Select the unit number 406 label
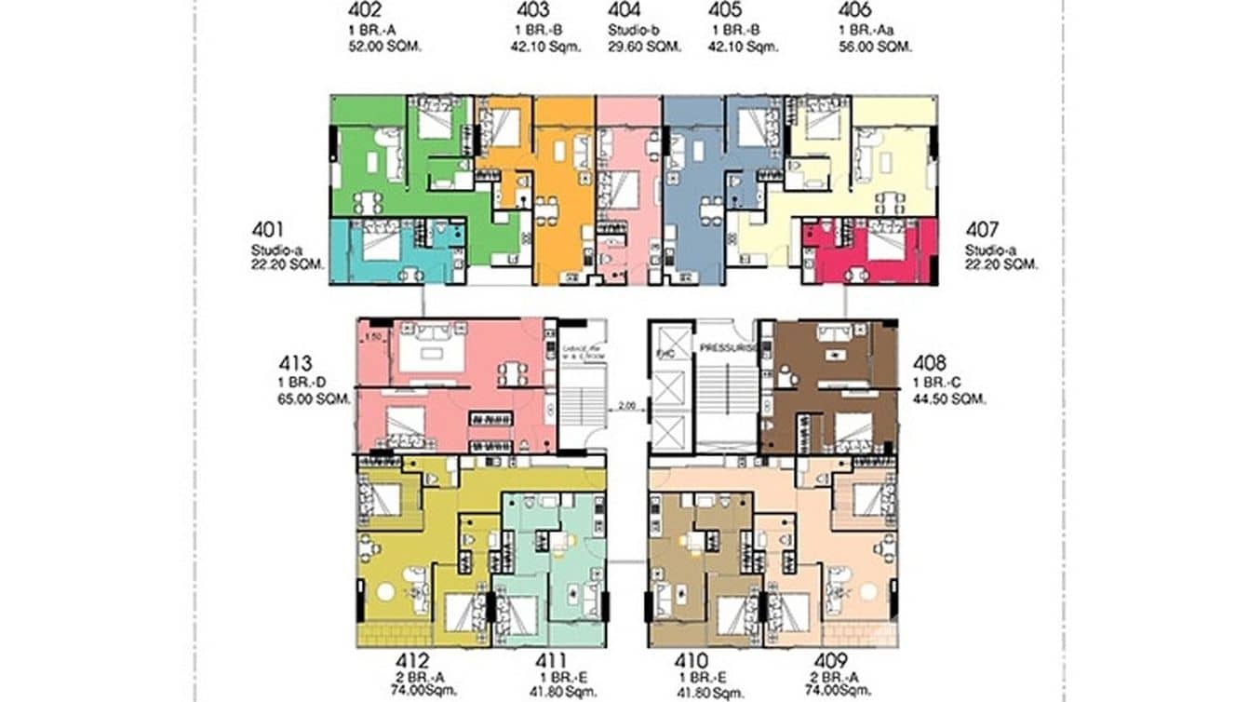point(853,11)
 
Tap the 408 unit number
point(931,363)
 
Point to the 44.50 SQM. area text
point(949,398)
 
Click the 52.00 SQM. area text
point(379,47)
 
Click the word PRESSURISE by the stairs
point(730,346)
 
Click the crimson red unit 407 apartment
point(866,251)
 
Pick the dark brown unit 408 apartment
point(828,386)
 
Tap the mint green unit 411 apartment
point(549,568)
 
